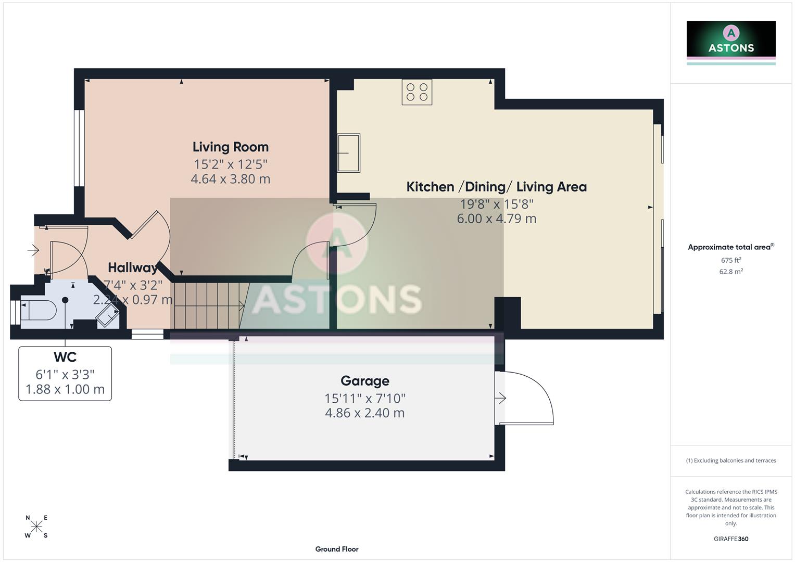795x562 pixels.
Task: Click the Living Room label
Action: [230, 147]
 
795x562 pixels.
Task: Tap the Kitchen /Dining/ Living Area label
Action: [496, 187]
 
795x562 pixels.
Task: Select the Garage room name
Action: [364, 381]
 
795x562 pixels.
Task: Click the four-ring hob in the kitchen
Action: [417, 92]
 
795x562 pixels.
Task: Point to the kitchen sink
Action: [349, 153]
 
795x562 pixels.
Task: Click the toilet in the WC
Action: [38, 311]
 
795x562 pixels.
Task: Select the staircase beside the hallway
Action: [208, 306]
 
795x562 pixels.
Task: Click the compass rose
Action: [36, 527]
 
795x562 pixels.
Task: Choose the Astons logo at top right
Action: [730, 40]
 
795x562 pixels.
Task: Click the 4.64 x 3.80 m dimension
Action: [230, 179]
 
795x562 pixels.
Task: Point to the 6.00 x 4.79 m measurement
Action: [496, 219]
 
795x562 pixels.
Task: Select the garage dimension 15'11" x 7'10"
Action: [364, 399]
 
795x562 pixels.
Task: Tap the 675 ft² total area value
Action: [730, 260]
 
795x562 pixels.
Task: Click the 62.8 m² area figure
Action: [730, 272]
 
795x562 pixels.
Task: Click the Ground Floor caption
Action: [336, 549]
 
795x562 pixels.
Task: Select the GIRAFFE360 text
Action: [730, 539]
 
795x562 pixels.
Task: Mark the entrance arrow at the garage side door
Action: [500, 399]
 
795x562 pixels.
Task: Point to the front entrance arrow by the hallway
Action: [33, 251]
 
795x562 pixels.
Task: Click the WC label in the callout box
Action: [65, 357]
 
